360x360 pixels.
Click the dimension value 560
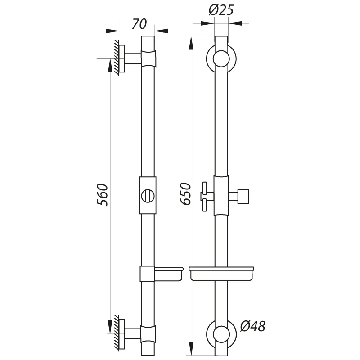103,195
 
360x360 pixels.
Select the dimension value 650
184,194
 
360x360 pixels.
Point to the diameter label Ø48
252,326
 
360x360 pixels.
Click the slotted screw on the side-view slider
148,196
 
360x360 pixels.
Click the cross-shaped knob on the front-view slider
206,196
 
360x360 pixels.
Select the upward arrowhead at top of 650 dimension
192,41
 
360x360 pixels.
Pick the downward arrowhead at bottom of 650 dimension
192,349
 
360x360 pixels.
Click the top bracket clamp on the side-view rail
148,58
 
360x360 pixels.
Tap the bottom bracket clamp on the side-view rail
148,333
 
